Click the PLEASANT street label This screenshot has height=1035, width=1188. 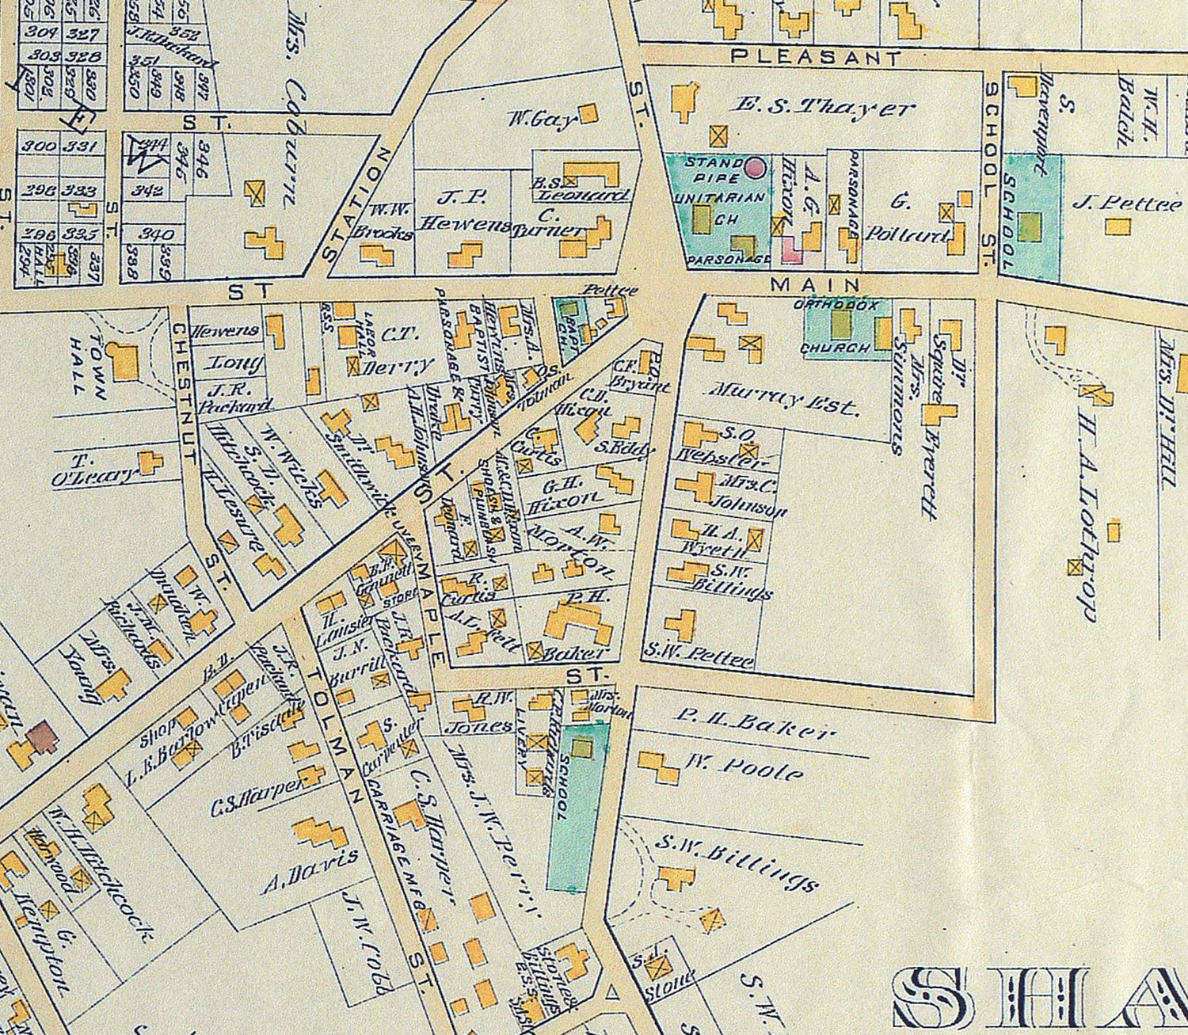pos(815,57)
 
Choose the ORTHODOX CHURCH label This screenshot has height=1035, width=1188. pos(836,325)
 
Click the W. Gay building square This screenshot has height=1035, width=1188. pos(588,113)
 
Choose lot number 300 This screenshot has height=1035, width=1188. pos(37,146)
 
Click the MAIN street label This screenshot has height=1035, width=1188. pos(815,283)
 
